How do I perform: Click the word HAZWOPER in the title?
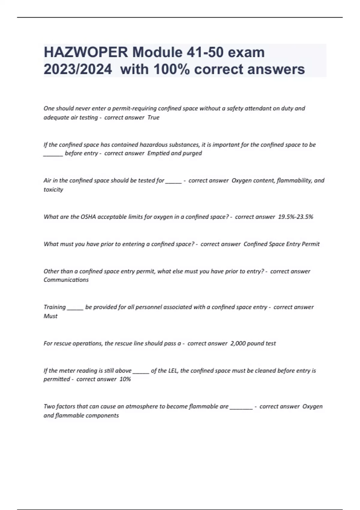pyautogui.click(x=86, y=52)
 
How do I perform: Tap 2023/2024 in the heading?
pyautogui.click(x=78, y=69)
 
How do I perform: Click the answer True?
pyautogui.click(x=153, y=118)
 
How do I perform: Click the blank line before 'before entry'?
pyautogui.click(x=53, y=154)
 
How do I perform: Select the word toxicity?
pyautogui.click(x=53, y=190)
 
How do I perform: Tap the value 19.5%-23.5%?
pyautogui.click(x=295, y=217)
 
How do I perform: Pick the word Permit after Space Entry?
pyautogui.click(x=310, y=244)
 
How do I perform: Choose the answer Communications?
pyautogui.click(x=66, y=280)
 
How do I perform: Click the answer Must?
pyautogui.click(x=50, y=316)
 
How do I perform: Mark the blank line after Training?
pyautogui.click(x=75, y=308)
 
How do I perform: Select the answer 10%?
pyautogui.click(x=125, y=379)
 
